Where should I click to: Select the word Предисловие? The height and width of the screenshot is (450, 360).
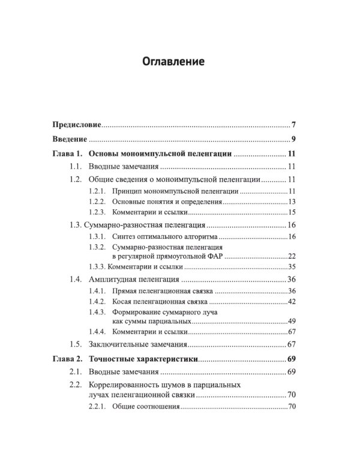pos(75,126)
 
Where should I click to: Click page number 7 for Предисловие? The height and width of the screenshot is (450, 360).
pos(293,126)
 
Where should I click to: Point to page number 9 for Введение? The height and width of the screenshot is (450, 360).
pos(293,140)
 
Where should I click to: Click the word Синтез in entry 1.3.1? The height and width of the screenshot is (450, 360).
pos(125,237)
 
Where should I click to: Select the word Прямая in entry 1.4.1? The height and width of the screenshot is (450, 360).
pos(125,291)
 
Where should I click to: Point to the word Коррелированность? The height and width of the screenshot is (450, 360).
pos(128,385)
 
